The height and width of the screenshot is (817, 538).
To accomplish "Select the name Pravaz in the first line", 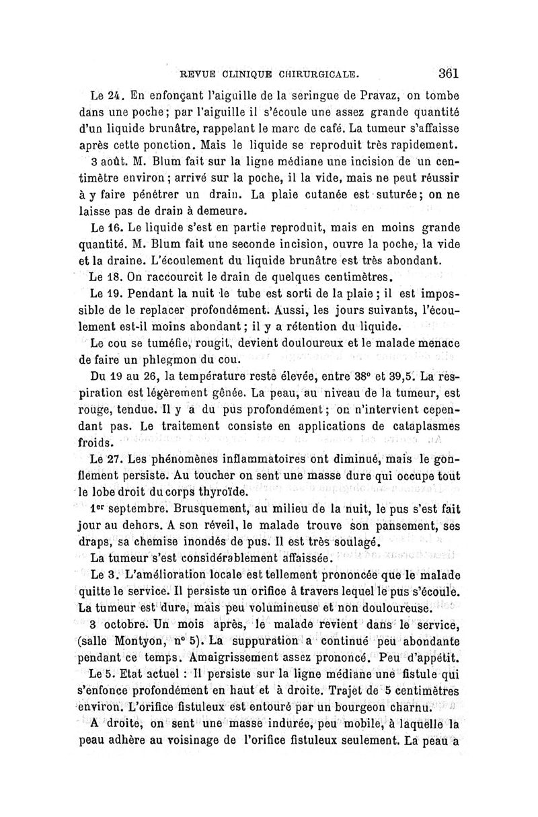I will tap(367, 93).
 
